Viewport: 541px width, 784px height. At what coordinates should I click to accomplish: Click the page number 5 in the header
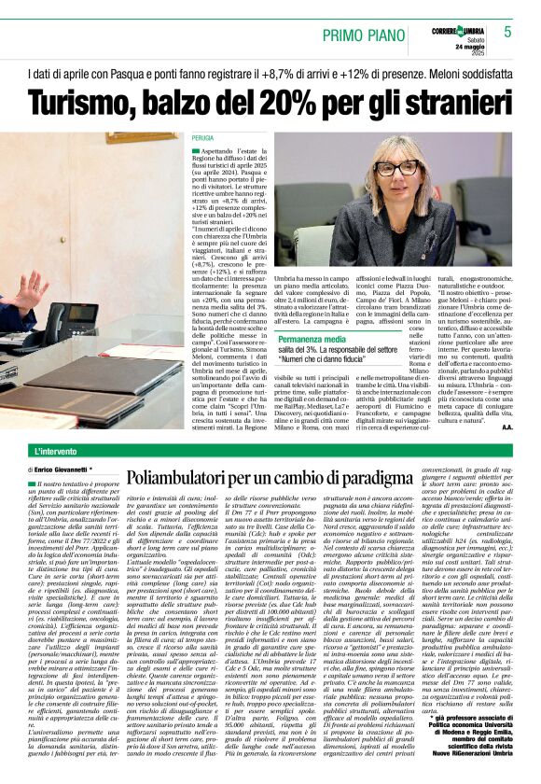click(x=507, y=32)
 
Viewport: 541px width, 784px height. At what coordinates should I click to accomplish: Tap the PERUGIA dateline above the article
click(x=202, y=137)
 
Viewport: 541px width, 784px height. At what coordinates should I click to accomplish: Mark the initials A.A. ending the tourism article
click(x=507, y=427)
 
